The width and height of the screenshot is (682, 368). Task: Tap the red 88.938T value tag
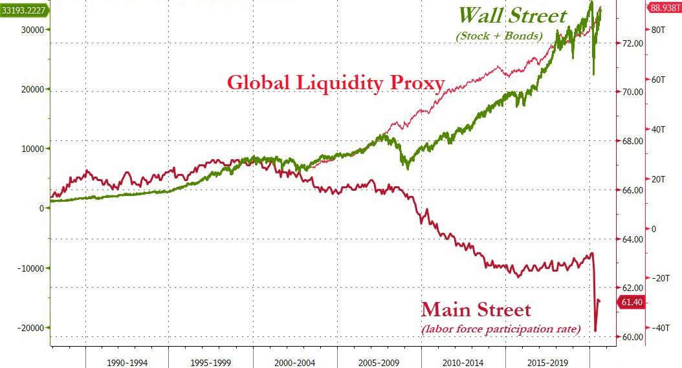point(664,8)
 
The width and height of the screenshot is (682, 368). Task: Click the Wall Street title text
point(512,16)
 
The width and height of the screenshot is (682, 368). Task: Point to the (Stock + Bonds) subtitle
point(499,36)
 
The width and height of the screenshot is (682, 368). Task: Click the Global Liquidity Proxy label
point(336,83)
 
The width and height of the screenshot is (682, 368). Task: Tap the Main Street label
point(476,309)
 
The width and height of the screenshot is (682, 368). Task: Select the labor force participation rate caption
point(501,329)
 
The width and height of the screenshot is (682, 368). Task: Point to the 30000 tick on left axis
point(32,30)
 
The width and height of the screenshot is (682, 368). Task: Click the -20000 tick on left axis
point(30,328)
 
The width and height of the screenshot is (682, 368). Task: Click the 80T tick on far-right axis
point(659,30)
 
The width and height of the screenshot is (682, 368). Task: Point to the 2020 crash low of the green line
point(594,75)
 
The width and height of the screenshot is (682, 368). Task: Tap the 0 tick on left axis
point(41,208)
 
